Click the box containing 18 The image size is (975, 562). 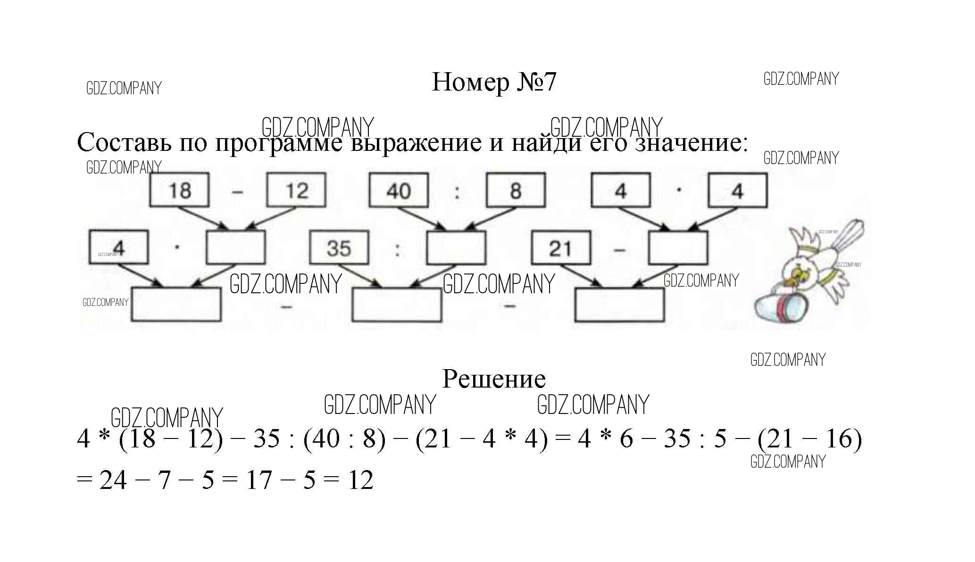(x=179, y=190)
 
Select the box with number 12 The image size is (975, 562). (x=296, y=190)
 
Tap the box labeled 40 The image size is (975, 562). (x=399, y=190)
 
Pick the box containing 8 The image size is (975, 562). (x=516, y=190)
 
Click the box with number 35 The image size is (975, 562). (x=339, y=248)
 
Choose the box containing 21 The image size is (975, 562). (x=560, y=248)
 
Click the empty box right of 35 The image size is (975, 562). (x=456, y=248)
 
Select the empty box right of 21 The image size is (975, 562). (x=678, y=248)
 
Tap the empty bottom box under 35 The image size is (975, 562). (x=397, y=305)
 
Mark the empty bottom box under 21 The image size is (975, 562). (x=619, y=305)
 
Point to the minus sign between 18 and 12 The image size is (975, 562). (x=238, y=191)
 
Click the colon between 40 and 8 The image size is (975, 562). (x=457, y=191)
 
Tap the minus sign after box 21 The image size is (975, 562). (x=619, y=250)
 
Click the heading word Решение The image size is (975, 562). (x=494, y=379)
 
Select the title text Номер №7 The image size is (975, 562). (x=494, y=82)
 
